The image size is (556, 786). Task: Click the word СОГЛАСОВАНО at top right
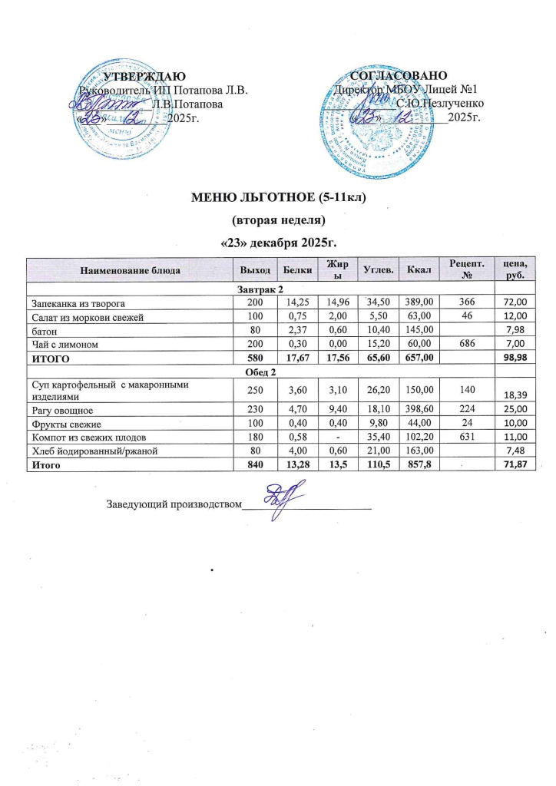pyautogui.click(x=398, y=77)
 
